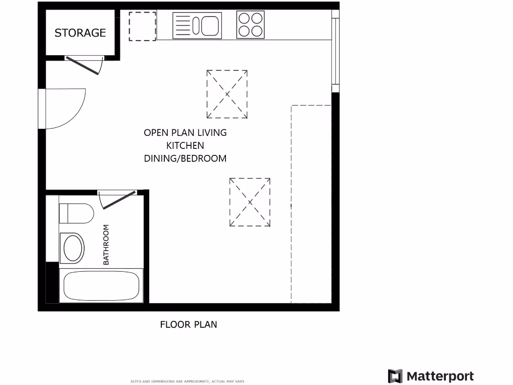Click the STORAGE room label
coord(80,33)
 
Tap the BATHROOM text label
coord(106,245)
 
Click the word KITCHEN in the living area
coord(185,145)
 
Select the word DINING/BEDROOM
coord(185,158)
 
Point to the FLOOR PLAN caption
coord(188,324)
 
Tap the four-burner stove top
coord(250,25)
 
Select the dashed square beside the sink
coord(142,26)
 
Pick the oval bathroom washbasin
coord(72,248)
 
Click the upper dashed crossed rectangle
coord(227,94)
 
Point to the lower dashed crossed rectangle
coord(250,202)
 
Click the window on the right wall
coord(335,51)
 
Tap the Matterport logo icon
coord(395,376)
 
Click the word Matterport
coord(440,376)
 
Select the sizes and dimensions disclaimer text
coord(188,381)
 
